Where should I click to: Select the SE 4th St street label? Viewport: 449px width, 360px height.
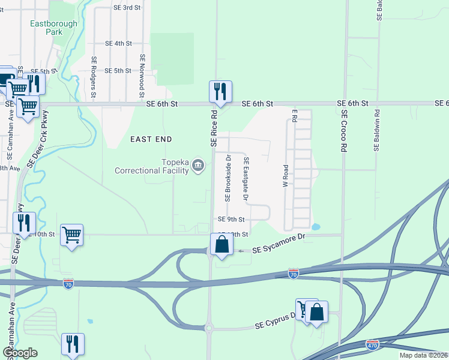click(118, 43)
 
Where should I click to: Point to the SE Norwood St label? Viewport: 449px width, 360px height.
click(142, 76)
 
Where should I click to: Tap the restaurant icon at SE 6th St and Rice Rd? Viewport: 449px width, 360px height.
click(220, 91)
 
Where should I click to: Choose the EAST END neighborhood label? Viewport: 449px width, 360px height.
click(151, 139)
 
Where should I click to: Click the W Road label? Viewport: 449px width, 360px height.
click(286, 175)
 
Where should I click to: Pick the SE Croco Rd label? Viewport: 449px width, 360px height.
click(344, 130)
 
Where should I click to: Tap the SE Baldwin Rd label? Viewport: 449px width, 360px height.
click(377, 129)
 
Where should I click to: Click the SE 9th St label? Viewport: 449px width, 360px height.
click(231, 220)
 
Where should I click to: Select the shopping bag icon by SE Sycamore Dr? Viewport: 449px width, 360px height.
click(222, 244)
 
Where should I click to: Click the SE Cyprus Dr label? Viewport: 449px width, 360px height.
click(276, 323)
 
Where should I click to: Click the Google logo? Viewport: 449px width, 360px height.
click(20, 353)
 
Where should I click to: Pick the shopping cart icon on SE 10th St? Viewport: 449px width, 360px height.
click(71, 235)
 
